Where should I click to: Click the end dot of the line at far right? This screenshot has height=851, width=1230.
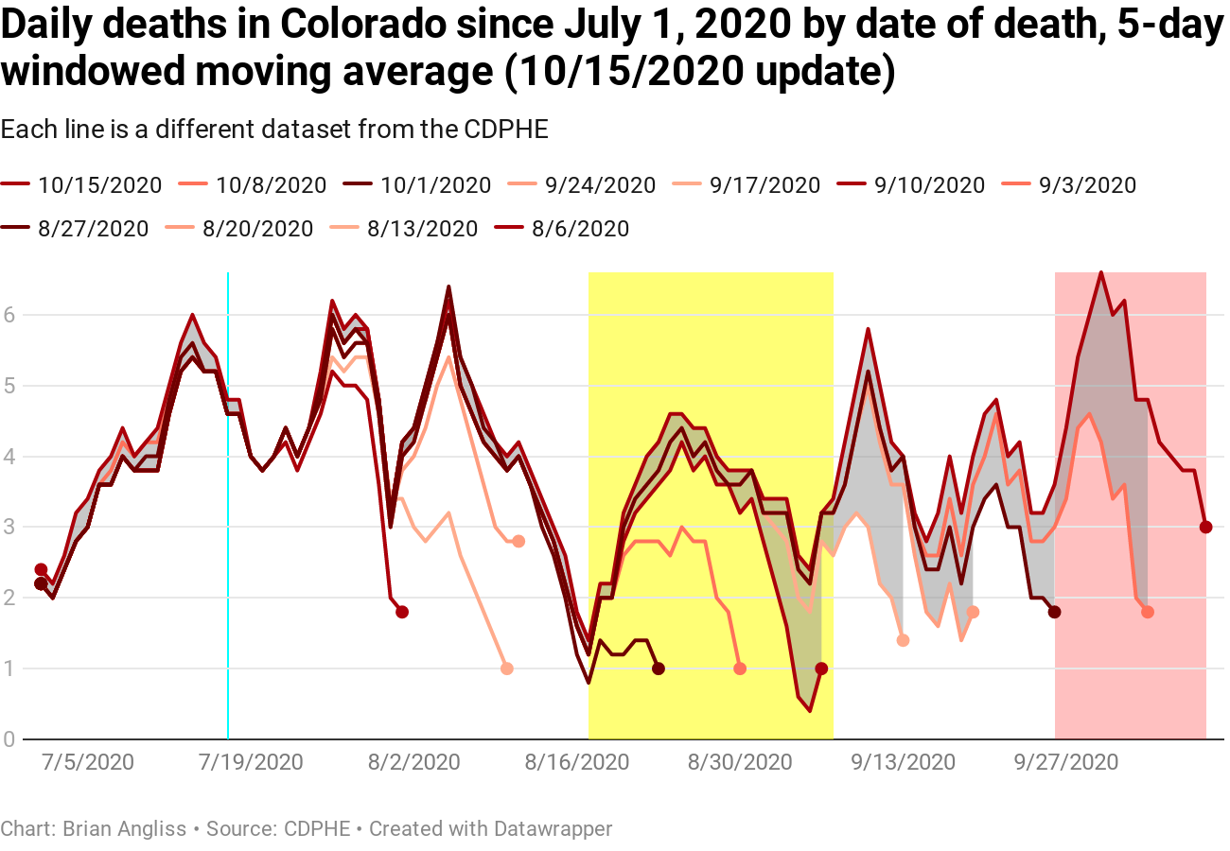click(1205, 527)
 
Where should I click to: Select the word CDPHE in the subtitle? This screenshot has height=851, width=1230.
click(506, 130)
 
